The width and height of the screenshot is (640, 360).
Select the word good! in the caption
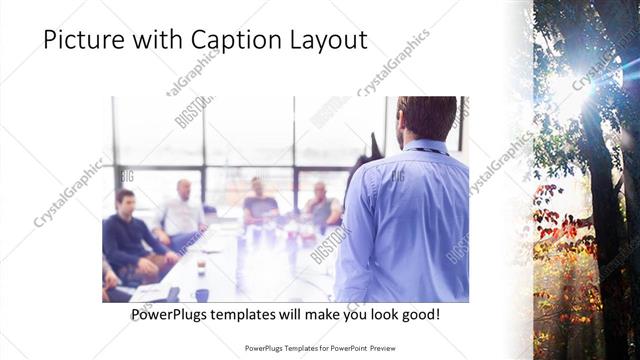tap(421, 315)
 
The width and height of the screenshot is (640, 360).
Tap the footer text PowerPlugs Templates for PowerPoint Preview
tap(319, 348)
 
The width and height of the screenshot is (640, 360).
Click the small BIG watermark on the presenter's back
tap(397, 176)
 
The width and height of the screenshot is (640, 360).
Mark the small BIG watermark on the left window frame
tap(127, 176)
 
